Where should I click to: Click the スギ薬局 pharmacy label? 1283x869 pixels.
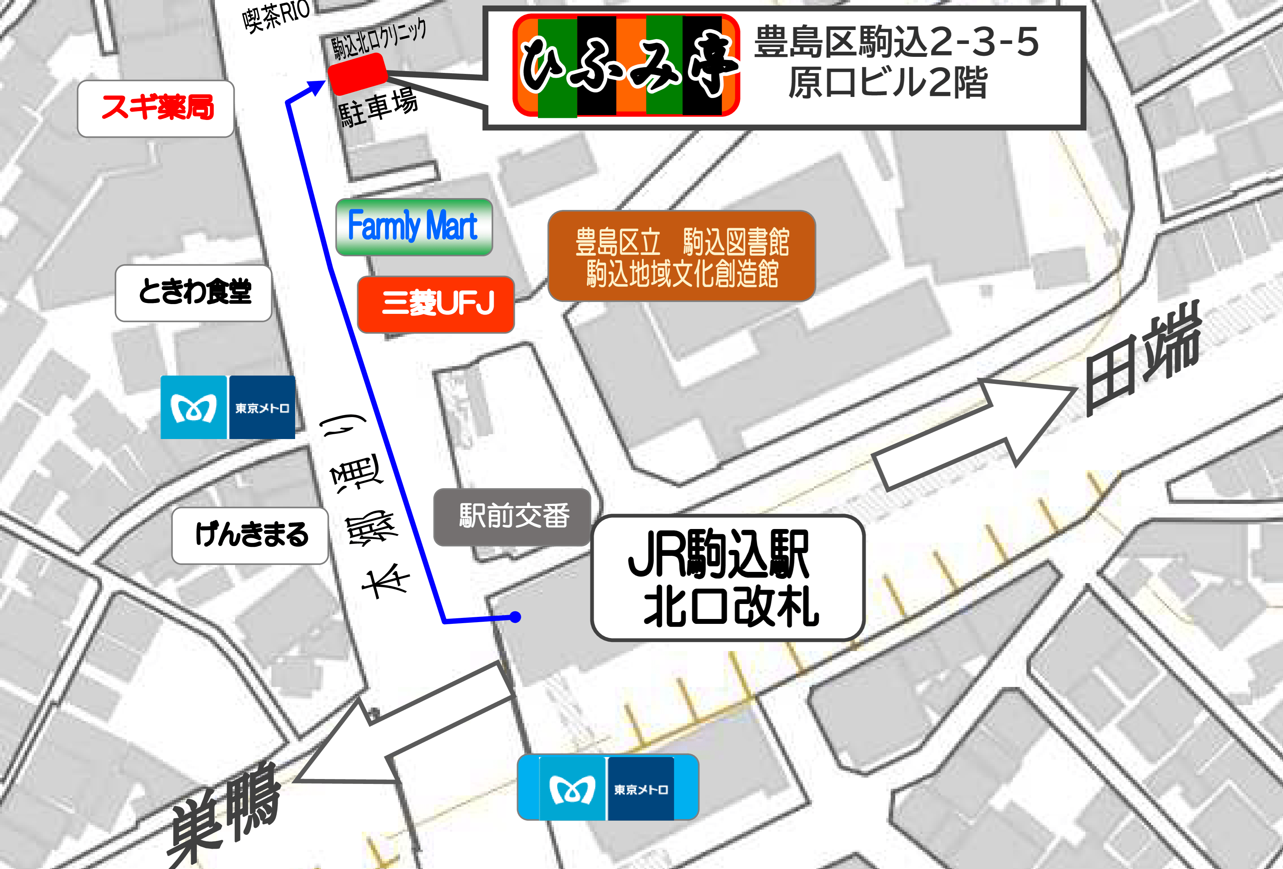coord(156,108)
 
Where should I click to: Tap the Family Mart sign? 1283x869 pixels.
coord(413,227)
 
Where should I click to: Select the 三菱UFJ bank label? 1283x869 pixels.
coord(436,304)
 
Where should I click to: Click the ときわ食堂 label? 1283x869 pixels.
coord(193,293)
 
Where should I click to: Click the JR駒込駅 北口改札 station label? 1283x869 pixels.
coord(727,577)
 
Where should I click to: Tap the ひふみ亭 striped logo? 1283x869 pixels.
coord(626,66)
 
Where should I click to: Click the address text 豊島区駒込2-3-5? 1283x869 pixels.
coord(896,42)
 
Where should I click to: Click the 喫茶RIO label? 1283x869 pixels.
coord(276,15)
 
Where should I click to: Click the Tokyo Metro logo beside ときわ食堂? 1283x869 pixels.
coord(227,407)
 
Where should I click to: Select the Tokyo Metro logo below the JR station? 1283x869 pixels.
coord(608,787)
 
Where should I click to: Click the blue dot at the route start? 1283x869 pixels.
coord(515,617)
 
